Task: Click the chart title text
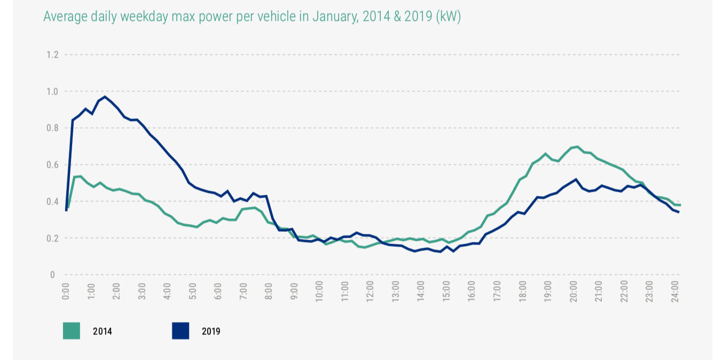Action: coord(252,17)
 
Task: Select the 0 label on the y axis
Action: coord(52,275)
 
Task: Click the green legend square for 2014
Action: coord(72,331)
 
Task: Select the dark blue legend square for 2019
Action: coord(180,331)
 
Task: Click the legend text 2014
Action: coord(103,332)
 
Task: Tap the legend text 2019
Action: coord(211,332)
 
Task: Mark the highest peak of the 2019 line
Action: coord(105,97)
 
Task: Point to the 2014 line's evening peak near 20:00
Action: coord(577,146)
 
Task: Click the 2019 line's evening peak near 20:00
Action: coord(576,179)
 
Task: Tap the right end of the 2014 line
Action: coord(680,205)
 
